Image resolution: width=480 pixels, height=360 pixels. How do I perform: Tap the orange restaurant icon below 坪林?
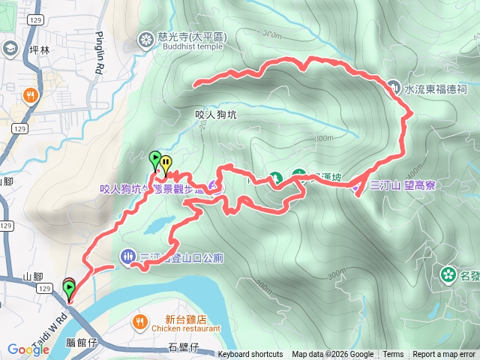coord(31,95)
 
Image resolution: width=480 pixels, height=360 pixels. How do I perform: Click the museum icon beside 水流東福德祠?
coord(394,88)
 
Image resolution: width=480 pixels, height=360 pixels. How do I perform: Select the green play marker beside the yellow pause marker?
coord(155,158)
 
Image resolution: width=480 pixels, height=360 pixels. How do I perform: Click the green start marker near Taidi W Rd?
coord(69,286)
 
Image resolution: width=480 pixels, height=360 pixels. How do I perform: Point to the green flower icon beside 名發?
coord(448,274)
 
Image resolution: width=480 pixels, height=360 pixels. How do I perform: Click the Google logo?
coord(28,349)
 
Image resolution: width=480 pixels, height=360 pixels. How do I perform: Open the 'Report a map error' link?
coord(444,355)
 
